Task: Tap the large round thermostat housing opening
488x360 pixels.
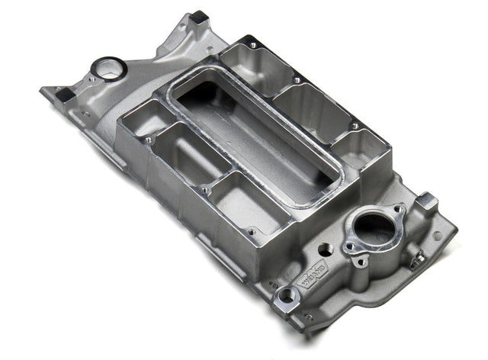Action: point(373,227)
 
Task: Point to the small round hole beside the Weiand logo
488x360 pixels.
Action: point(325,249)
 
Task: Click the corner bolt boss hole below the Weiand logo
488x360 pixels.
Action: point(287,295)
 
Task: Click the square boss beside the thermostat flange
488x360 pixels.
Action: point(429,202)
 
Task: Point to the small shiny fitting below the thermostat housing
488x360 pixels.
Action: point(417,262)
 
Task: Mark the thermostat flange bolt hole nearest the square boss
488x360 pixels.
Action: point(397,210)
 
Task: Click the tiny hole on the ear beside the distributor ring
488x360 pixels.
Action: point(90,78)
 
